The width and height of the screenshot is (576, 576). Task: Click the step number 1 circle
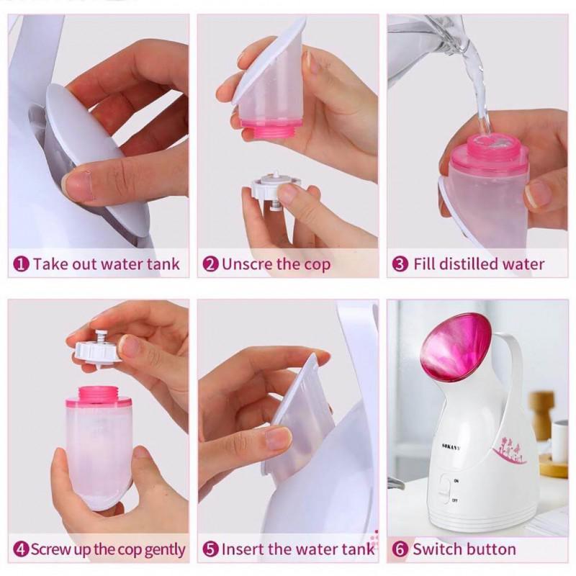point(21,264)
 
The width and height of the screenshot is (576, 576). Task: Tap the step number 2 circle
point(210,264)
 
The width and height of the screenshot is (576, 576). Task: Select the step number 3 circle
point(400,264)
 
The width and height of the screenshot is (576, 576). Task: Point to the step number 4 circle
point(21,549)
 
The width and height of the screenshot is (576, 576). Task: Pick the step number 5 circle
point(210,549)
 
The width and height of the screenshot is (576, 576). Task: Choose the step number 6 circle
point(400,549)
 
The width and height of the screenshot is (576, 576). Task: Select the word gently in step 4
point(165,550)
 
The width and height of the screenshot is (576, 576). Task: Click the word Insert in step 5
point(243,549)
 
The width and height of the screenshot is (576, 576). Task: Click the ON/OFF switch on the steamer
point(444,489)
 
